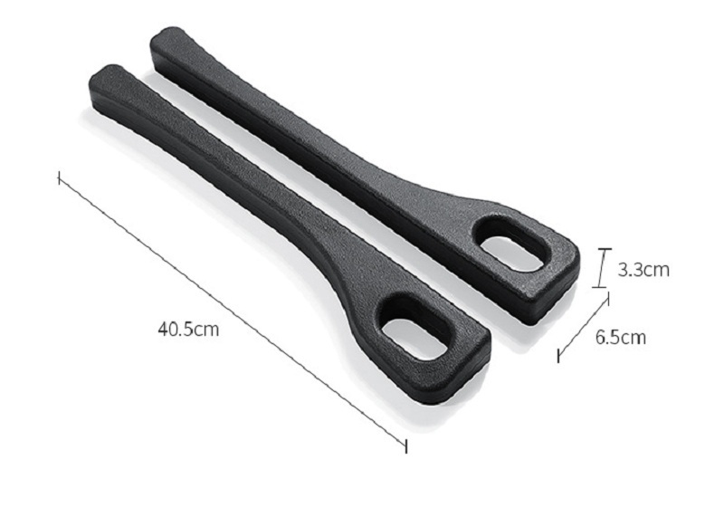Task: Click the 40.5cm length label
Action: pos(188,330)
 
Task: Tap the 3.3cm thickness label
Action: pos(643,269)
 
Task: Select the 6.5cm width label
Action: pos(620,337)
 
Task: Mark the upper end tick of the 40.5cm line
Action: pos(59,177)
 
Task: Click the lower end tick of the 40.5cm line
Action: pos(405,446)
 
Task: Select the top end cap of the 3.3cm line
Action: pos(605,249)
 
